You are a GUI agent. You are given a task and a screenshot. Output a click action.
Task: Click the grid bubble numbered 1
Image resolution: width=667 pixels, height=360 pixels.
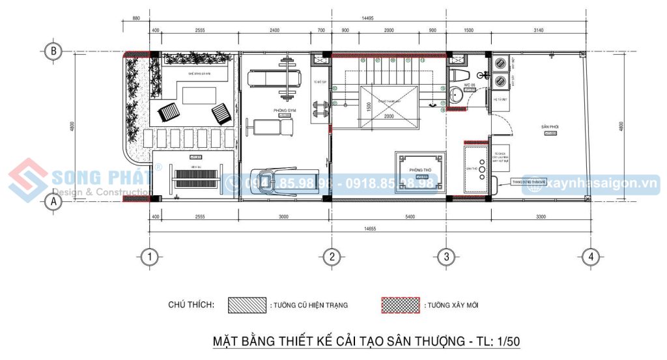tap(151, 256)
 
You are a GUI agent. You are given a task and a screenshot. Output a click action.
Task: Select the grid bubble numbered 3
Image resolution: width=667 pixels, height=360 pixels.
tap(446, 256)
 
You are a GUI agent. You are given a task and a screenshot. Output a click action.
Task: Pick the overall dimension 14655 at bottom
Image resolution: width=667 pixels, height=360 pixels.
tap(370, 228)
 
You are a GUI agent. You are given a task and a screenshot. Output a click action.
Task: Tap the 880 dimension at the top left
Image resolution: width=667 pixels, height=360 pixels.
tap(136, 19)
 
